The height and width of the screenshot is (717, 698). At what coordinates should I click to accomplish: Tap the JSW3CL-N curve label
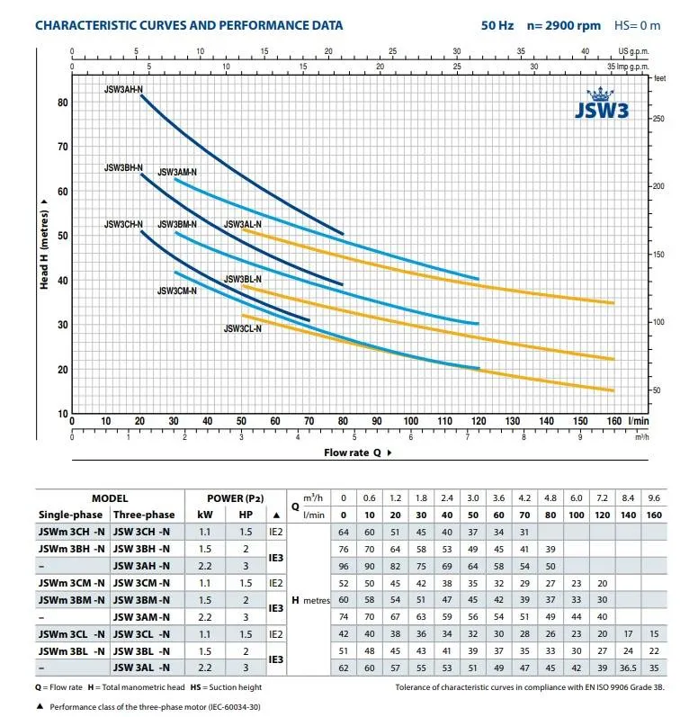(242, 329)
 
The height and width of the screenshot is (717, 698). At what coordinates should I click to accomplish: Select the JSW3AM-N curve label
(177, 172)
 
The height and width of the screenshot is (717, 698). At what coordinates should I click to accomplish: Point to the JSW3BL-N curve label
(243, 280)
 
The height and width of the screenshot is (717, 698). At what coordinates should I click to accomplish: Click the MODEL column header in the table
(110, 497)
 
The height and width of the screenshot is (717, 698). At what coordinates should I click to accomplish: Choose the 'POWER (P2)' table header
(231, 497)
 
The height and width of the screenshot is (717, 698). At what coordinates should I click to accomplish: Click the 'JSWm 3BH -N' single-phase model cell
(72, 548)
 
